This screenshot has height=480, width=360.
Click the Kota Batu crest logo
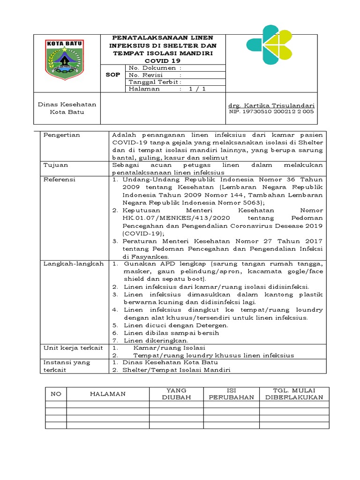[x=64, y=58]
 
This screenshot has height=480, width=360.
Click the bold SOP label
[x=113, y=75]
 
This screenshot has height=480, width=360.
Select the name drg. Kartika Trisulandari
[x=271, y=105]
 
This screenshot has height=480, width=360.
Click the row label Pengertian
[x=61, y=135]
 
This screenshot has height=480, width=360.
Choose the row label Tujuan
[x=56, y=165]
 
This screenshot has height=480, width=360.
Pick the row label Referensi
[x=59, y=180]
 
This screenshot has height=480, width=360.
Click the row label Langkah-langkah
[x=73, y=264]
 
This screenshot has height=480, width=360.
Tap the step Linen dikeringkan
[x=156, y=340]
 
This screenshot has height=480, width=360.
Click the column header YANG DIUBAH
[x=174, y=394]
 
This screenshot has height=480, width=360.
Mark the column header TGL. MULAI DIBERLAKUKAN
[x=294, y=394]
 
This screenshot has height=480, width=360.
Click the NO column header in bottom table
[x=56, y=394]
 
